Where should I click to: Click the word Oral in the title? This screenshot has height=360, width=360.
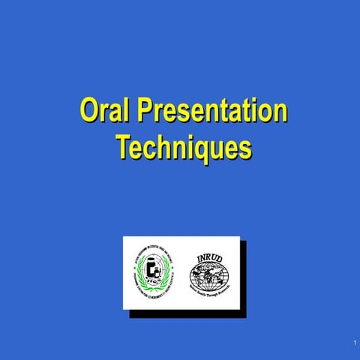106,111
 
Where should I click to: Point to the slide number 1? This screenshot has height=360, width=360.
352,343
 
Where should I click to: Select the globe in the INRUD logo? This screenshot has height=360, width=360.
209,275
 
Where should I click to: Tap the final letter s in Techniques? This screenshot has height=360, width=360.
244,147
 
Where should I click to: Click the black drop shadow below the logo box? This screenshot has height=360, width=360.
187,313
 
